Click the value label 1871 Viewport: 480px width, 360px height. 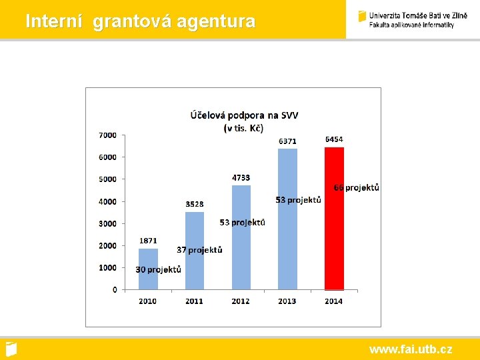[x=149, y=241]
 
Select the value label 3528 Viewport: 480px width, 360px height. [x=195, y=204]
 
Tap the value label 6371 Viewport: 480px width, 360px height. [x=288, y=141]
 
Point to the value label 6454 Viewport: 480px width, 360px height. [x=334, y=139]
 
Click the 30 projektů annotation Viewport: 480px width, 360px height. [x=159, y=270]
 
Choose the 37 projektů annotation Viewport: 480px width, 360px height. [x=199, y=250]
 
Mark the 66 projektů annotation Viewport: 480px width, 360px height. [x=357, y=188]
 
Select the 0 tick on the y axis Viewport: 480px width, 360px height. [x=114, y=289]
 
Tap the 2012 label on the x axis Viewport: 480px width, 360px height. [x=241, y=301]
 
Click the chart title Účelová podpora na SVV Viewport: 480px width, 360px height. [x=244, y=115]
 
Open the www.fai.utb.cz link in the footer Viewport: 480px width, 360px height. [x=411, y=349]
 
